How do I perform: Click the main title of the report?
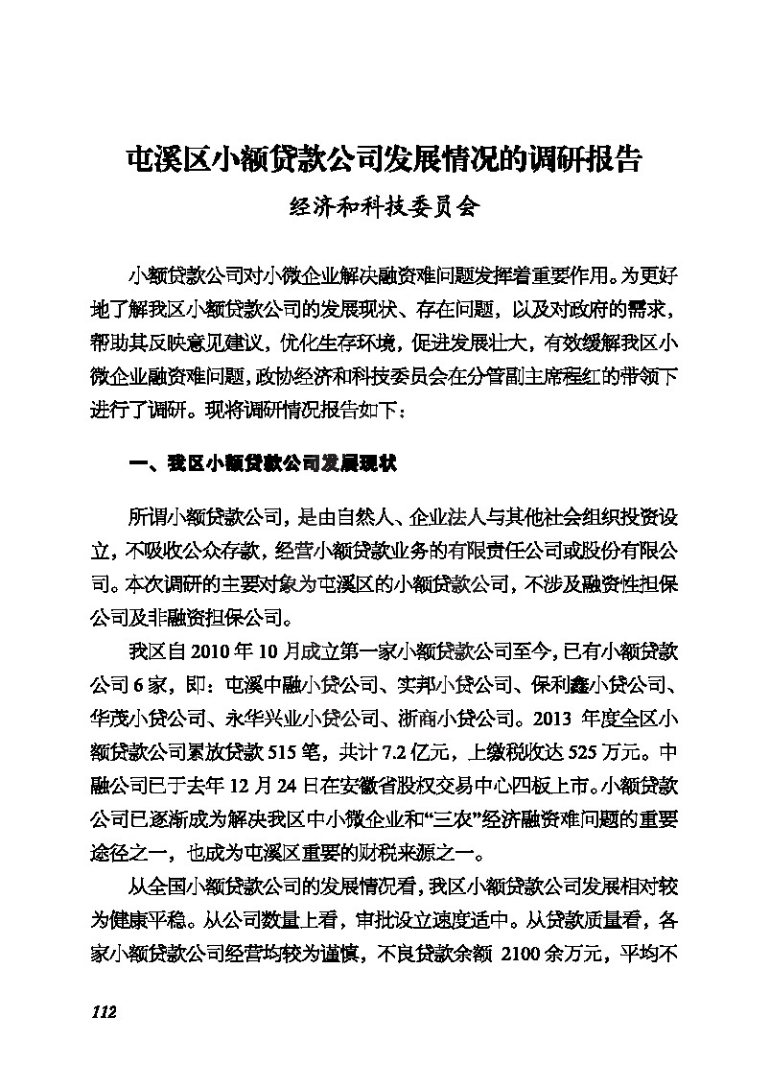coord(385,158)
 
